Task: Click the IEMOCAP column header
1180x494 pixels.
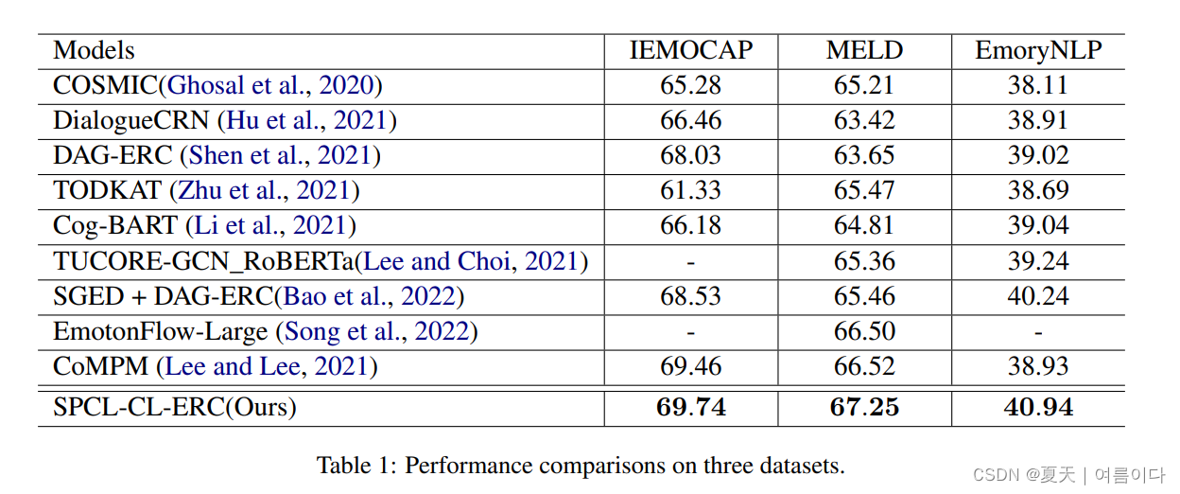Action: pos(690,51)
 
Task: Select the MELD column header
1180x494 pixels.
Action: pos(864,51)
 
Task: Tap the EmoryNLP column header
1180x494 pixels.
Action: pos(1038,51)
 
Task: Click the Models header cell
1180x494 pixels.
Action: pos(94,51)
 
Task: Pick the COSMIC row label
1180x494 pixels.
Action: pos(105,86)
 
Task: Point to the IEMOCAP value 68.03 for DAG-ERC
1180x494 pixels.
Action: pos(690,156)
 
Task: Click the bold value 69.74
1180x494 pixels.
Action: pos(690,408)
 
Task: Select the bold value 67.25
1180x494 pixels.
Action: pos(864,408)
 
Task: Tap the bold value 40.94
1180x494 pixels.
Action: pos(1038,408)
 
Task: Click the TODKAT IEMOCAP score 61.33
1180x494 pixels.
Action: pos(690,191)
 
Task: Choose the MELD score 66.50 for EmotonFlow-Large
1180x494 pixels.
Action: pos(864,332)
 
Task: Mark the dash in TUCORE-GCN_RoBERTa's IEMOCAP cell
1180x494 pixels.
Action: pos(690,262)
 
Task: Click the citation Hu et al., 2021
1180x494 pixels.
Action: pos(307,121)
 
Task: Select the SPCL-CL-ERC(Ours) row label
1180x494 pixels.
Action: pos(175,408)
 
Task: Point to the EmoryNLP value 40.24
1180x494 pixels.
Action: pos(1038,297)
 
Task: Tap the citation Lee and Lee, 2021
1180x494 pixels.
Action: pos(270,367)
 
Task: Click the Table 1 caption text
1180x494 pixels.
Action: pos(581,466)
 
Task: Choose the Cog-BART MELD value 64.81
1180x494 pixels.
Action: pos(864,226)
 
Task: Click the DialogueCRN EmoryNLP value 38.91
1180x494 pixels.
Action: pos(1038,121)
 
